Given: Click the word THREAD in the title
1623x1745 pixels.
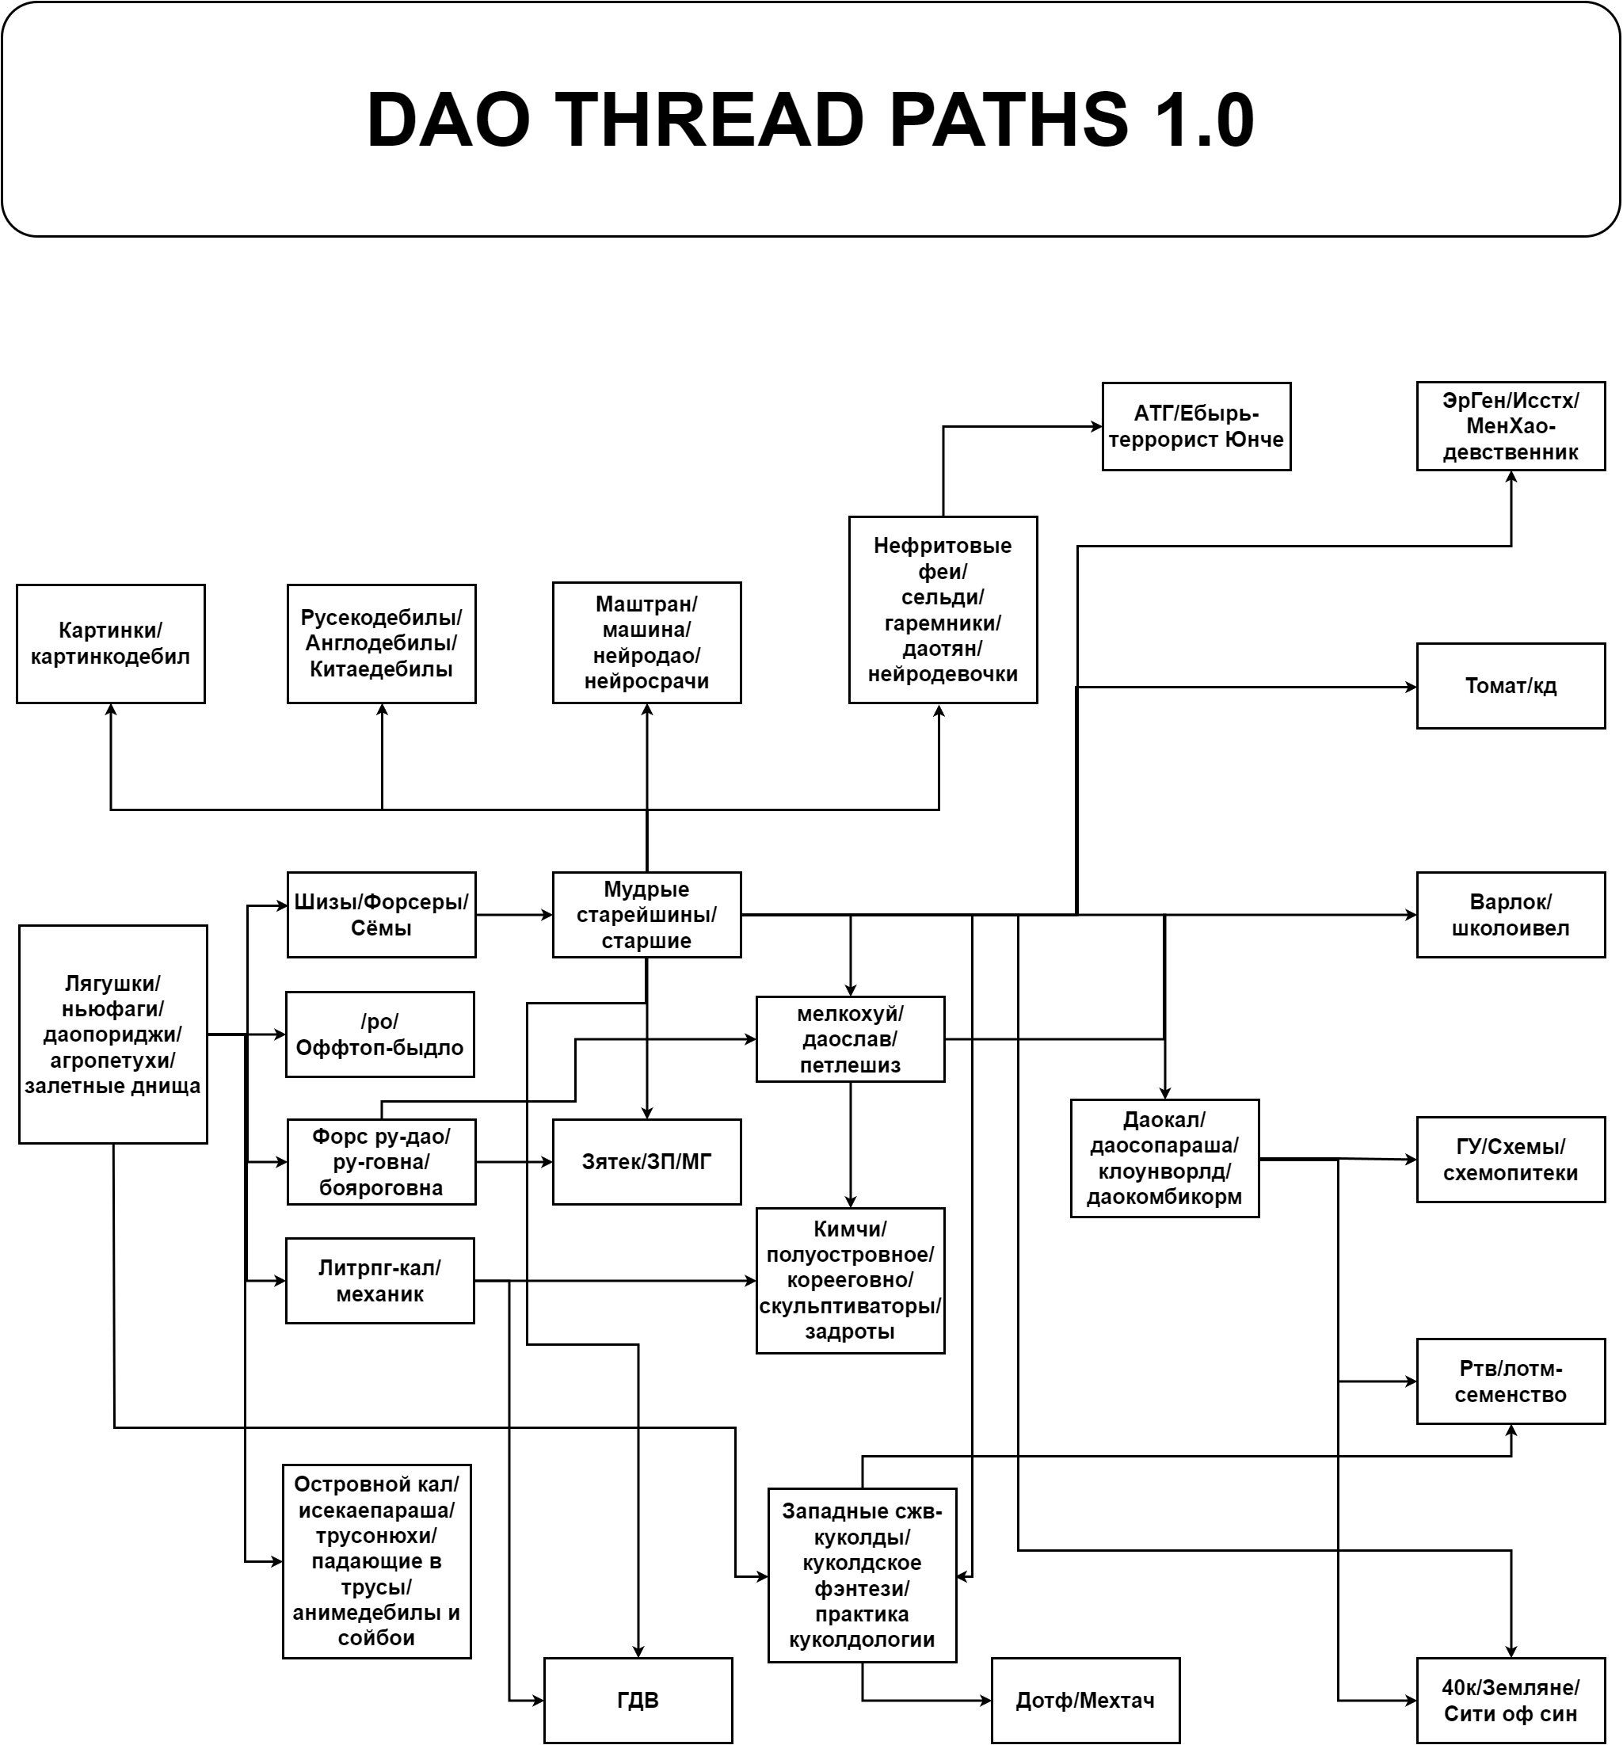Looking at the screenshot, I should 709,120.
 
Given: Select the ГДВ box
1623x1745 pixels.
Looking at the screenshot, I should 638,1699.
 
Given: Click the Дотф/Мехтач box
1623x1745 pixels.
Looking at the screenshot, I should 1085,1699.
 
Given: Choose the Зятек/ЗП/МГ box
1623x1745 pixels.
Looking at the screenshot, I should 646,1161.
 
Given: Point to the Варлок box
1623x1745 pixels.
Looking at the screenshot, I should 1510,914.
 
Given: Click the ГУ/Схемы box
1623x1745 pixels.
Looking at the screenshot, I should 1510,1159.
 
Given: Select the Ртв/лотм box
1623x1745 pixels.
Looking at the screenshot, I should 1510,1381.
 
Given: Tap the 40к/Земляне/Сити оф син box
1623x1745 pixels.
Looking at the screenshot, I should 1510,1699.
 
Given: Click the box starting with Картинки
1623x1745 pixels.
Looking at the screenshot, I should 111,643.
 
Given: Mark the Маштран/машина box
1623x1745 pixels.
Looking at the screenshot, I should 646,642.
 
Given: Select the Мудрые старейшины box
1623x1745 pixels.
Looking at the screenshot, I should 646,914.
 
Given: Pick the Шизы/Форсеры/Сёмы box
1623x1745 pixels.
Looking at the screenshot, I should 381,914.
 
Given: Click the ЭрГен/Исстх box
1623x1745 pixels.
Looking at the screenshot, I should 1510,425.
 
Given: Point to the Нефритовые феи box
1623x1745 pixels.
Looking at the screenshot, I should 942,609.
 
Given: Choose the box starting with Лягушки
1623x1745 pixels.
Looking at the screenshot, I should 112,1033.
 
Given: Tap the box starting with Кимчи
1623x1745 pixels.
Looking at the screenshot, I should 850,1280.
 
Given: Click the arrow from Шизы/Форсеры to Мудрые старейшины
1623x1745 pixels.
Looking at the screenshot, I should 513,915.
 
